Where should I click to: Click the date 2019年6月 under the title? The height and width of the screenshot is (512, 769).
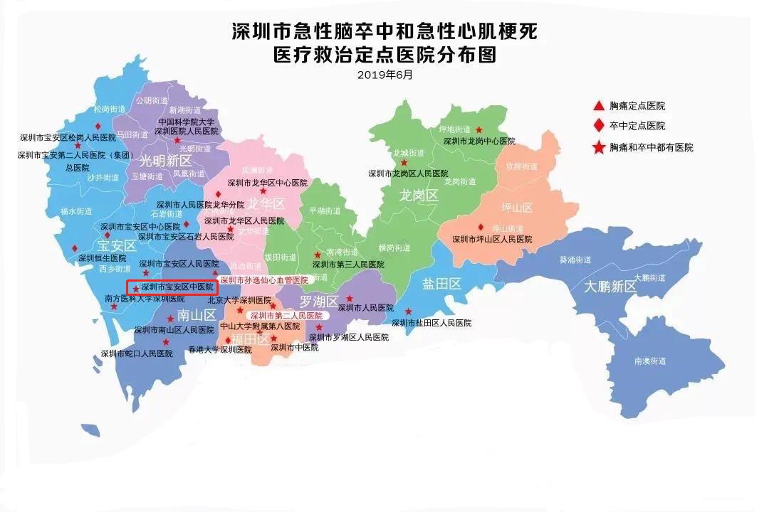pos(384,74)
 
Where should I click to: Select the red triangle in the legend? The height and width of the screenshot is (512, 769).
pos(599,106)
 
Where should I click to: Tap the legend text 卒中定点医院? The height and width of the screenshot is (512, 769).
pos(637,126)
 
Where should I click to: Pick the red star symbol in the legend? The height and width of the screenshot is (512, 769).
pos(599,147)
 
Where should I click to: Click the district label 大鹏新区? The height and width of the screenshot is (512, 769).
pos(610,287)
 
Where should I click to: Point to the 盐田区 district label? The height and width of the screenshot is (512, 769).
pos(441,284)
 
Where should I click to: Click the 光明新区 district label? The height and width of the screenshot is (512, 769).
pos(165,159)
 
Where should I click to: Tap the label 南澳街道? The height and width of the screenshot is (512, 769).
pos(649,361)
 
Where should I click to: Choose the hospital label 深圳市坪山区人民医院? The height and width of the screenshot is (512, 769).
pos(492,240)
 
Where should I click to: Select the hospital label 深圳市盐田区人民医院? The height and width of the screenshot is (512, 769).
pos(431,323)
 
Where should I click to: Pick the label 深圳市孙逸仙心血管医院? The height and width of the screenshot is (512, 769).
pos(263,280)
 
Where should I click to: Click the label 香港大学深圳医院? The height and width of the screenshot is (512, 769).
pos(220,350)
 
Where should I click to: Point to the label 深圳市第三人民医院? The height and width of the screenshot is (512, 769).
pos(348,264)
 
